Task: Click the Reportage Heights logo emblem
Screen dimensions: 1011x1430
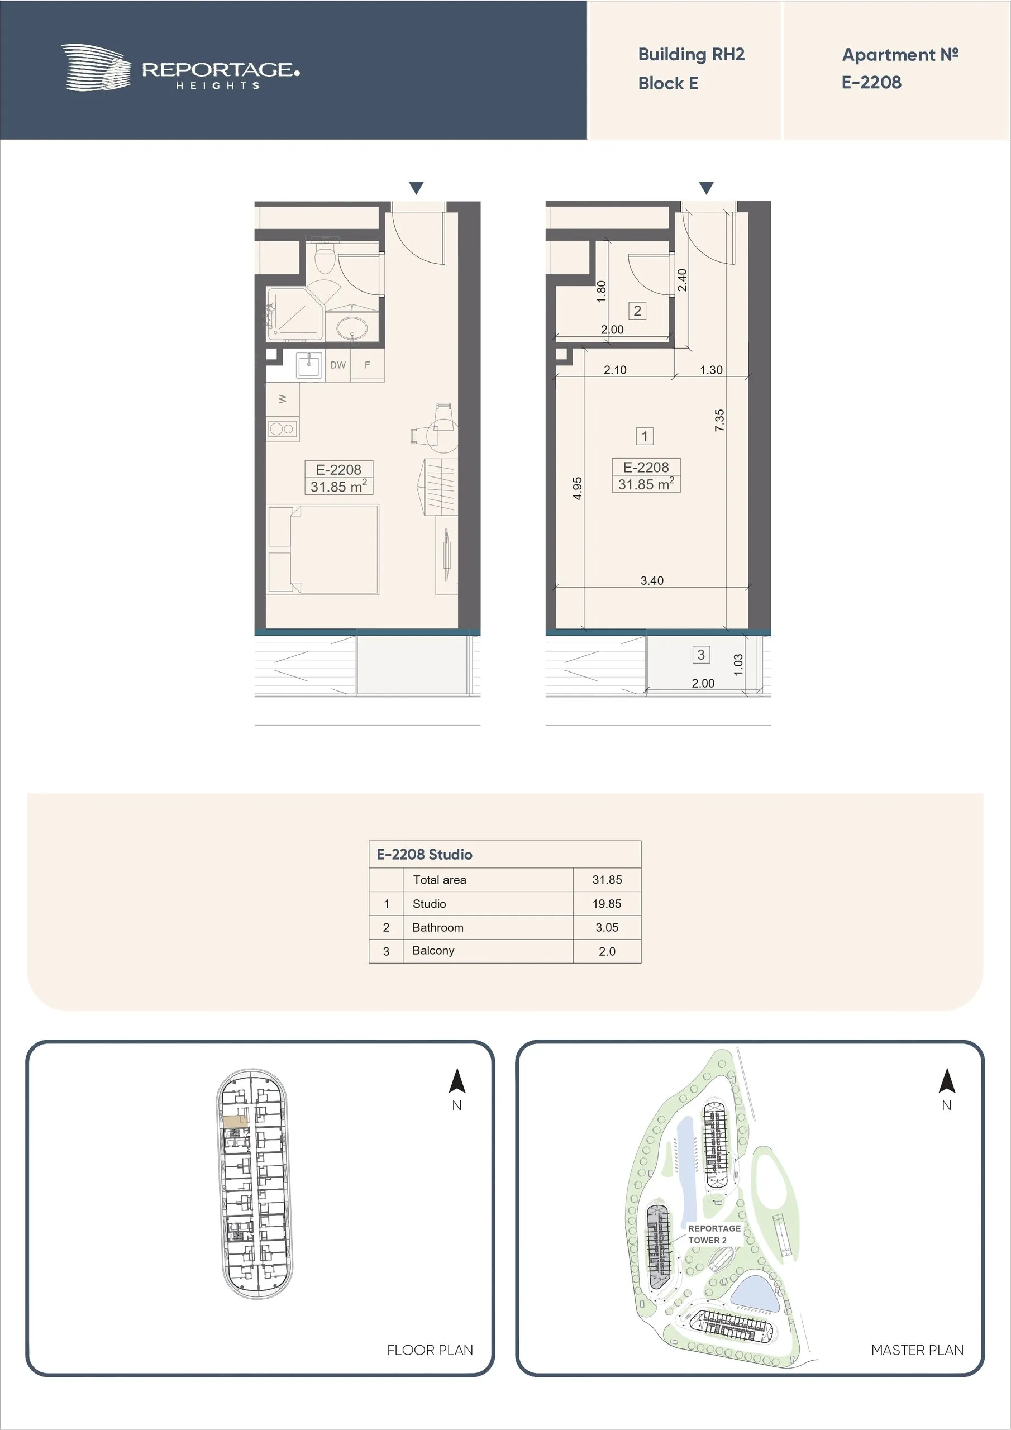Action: pyautogui.click(x=96, y=67)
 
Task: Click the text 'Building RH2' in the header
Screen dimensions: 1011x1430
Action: pyautogui.click(x=691, y=55)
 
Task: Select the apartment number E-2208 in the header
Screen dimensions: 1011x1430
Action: pyautogui.click(x=871, y=82)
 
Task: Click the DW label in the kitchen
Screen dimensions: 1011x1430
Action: pyautogui.click(x=337, y=365)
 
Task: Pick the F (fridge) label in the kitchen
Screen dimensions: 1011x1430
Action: pyautogui.click(x=368, y=365)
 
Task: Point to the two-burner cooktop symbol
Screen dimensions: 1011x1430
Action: pyautogui.click(x=282, y=428)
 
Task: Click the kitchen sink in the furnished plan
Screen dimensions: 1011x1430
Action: pyautogui.click(x=309, y=364)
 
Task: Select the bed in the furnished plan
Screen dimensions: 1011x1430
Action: pyautogui.click(x=323, y=549)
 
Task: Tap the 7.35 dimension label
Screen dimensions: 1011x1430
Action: pyautogui.click(x=719, y=421)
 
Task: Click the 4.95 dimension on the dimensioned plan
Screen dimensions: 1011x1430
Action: pyautogui.click(x=578, y=488)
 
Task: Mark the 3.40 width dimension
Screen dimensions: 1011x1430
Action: pyautogui.click(x=652, y=580)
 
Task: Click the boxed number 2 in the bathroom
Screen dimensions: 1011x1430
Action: pyautogui.click(x=637, y=311)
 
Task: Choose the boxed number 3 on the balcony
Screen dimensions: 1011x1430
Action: pyautogui.click(x=701, y=655)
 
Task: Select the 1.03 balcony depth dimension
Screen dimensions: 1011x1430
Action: pyautogui.click(x=738, y=665)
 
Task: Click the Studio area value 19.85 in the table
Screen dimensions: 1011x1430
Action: pyautogui.click(x=607, y=904)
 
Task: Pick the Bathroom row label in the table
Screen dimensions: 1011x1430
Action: pyautogui.click(x=438, y=927)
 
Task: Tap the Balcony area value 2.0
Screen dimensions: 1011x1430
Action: pyautogui.click(x=607, y=951)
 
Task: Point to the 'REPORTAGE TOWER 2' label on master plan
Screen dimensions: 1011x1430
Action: pyautogui.click(x=714, y=1234)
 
